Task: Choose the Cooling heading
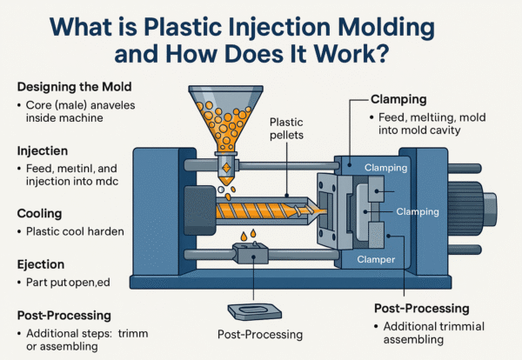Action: coord(41,212)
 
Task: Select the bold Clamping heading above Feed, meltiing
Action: coord(401,99)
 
